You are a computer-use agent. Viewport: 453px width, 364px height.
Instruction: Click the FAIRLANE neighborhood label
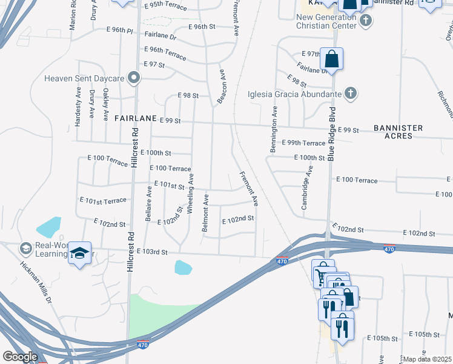click(x=135, y=119)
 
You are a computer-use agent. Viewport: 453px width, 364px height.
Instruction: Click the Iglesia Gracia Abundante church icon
click(x=349, y=93)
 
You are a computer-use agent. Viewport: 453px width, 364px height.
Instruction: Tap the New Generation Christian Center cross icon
click(x=365, y=21)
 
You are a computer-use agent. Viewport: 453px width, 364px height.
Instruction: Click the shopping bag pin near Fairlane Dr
click(x=331, y=59)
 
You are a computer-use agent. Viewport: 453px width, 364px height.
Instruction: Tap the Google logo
click(x=20, y=357)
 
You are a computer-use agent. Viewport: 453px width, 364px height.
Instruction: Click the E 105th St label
click(x=424, y=335)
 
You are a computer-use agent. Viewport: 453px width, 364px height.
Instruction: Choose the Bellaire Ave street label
click(x=148, y=202)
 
